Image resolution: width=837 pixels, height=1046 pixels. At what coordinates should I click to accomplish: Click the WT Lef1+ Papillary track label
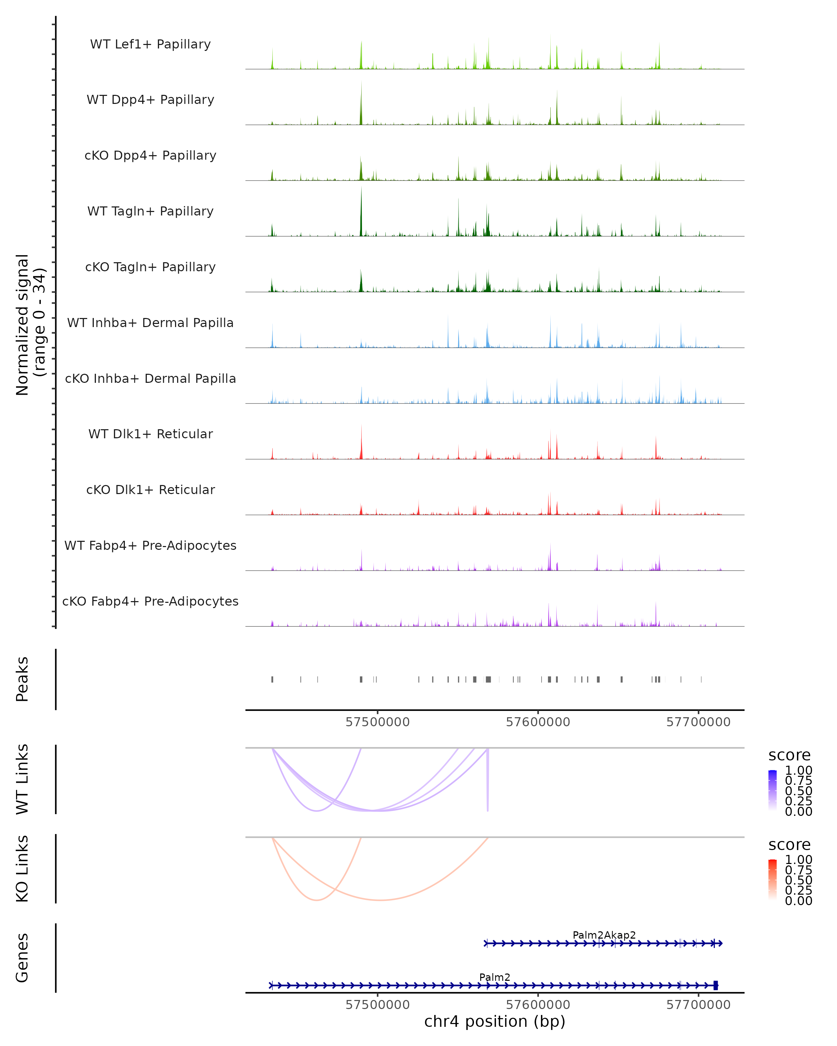[x=150, y=44]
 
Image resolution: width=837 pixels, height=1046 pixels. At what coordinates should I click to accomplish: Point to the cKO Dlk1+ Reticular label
[x=150, y=490]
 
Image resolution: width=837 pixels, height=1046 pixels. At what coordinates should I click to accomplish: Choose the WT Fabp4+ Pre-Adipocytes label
[x=150, y=545]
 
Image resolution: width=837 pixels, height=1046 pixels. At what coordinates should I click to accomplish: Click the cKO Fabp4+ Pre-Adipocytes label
[x=150, y=601]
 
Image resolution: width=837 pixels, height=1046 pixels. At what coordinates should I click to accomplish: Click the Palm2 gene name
[x=495, y=977]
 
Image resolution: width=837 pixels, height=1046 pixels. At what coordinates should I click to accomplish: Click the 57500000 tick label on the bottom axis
[x=377, y=1005]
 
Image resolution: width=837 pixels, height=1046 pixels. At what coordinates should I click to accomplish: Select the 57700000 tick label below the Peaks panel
[x=698, y=722]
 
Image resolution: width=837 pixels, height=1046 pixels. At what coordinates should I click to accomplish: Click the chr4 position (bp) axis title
[x=495, y=1022]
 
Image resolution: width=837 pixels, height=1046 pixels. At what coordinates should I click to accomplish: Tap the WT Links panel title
[x=22, y=779]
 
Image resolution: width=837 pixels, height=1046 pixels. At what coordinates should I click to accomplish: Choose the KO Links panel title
[x=22, y=869]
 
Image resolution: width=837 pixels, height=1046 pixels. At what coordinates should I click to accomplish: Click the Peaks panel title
[x=22, y=679]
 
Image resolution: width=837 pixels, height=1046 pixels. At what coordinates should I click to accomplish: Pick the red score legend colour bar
[x=772, y=880]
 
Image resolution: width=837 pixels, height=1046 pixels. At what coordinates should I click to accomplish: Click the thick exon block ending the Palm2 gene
[x=716, y=985]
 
